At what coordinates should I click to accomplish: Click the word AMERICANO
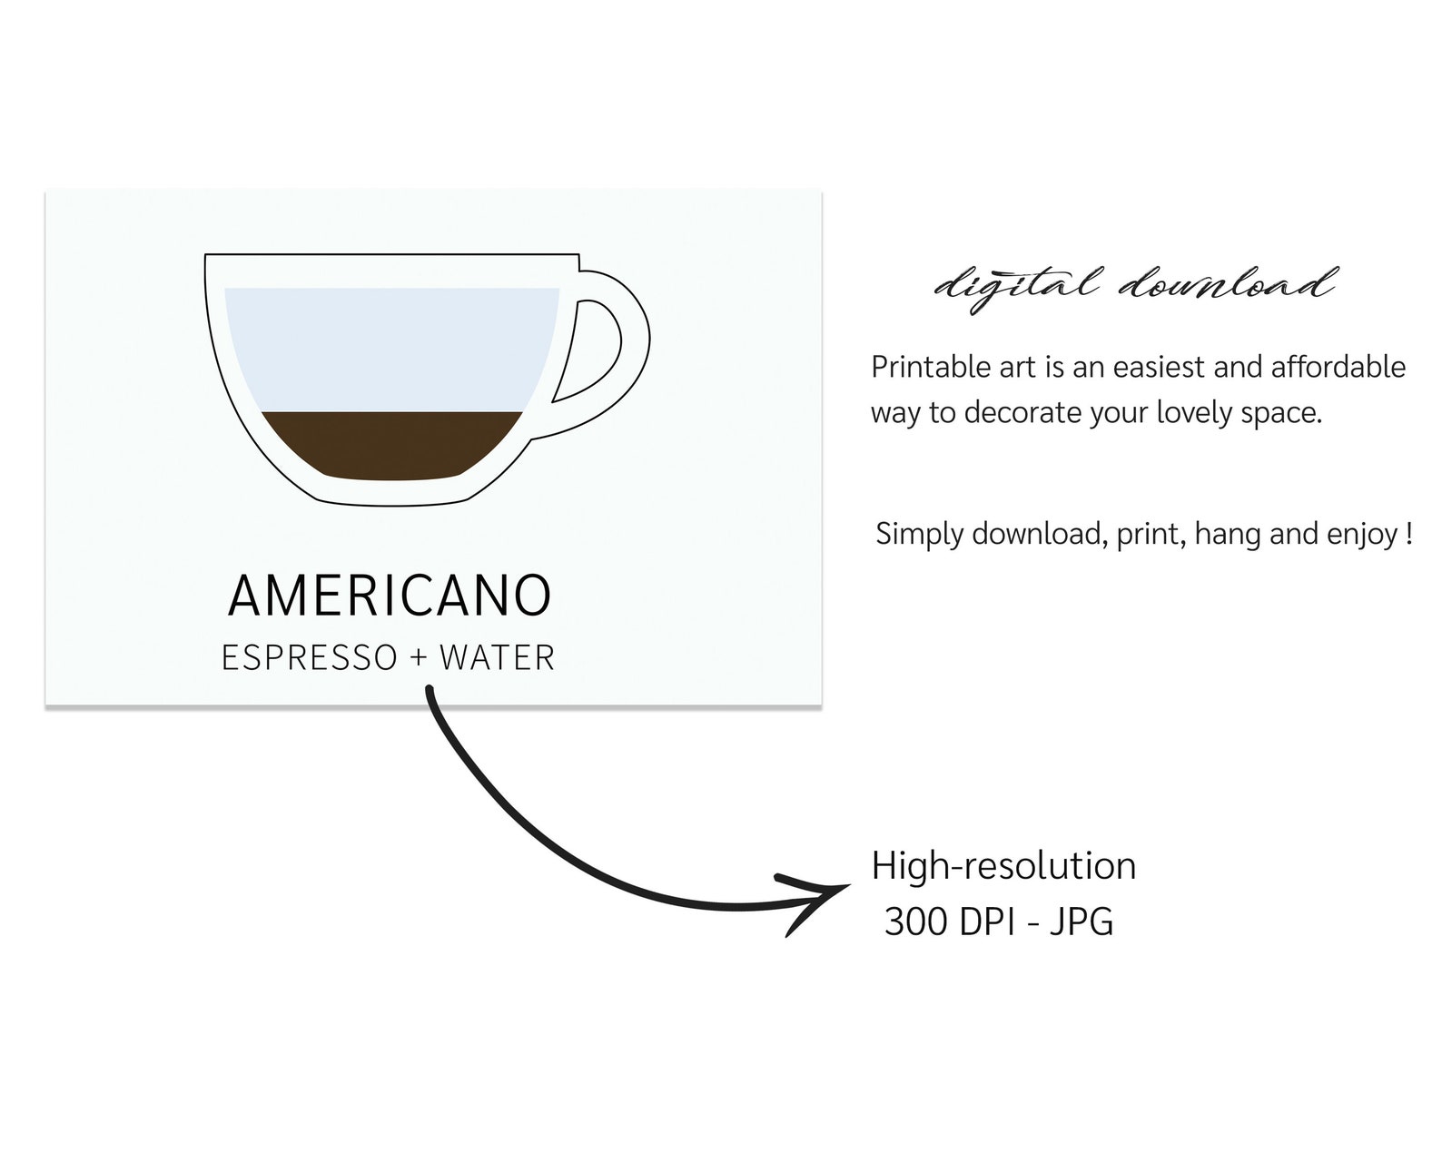point(390,596)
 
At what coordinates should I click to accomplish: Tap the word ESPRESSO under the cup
point(310,658)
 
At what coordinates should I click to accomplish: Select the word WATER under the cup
point(498,658)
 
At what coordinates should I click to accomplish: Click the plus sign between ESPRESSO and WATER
point(418,657)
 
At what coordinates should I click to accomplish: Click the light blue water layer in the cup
point(392,350)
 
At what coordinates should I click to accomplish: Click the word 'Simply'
point(920,535)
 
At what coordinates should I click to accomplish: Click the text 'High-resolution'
point(1003,866)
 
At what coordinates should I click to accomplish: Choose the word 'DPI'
point(988,921)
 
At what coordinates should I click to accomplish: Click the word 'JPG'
point(1081,921)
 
